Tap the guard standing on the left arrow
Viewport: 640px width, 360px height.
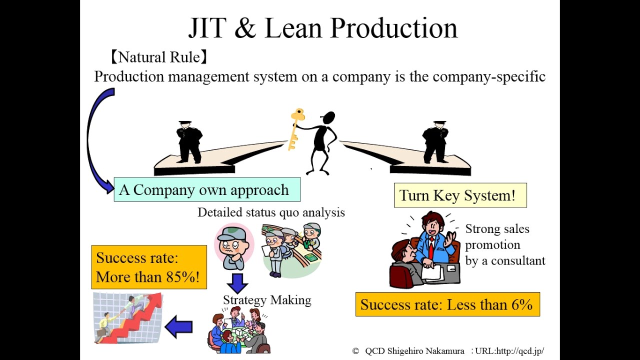(188, 142)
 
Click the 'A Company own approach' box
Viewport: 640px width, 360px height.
(207, 189)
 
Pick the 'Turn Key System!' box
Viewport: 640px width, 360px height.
(460, 195)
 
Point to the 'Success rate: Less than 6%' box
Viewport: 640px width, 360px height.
(447, 304)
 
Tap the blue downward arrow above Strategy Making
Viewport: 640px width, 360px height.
(237, 282)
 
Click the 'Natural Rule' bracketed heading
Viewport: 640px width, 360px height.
(158, 57)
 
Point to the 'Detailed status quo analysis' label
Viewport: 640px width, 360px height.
(271, 212)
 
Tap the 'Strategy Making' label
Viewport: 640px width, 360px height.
(267, 300)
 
